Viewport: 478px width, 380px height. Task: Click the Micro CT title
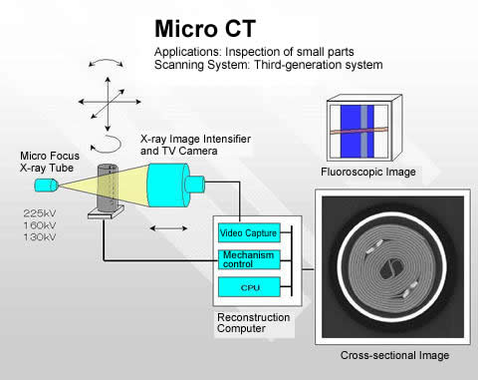pyautogui.click(x=205, y=29)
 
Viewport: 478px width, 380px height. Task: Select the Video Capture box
pyautogui.click(x=249, y=232)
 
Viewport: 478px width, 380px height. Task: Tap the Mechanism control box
pyautogui.click(x=249, y=259)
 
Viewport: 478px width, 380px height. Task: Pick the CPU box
pyautogui.click(x=249, y=287)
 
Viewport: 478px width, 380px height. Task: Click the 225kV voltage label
pyautogui.click(x=40, y=213)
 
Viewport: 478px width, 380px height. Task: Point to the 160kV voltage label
pyautogui.click(x=40, y=225)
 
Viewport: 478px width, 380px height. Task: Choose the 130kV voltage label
pyautogui.click(x=40, y=237)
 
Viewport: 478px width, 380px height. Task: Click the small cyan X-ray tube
pyautogui.click(x=47, y=186)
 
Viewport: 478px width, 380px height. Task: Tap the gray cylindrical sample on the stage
pyautogui.click(x=108, y=188)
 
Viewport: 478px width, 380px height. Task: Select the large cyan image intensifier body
pyautogui.click(x=168, y=186)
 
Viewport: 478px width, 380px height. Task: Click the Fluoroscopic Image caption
pyautogui.click(x=368, y=172)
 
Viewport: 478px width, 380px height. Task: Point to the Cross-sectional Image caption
pyautogui.click(x=394, y=355)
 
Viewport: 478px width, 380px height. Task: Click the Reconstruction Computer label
pyautogui.click(x=253, y=323)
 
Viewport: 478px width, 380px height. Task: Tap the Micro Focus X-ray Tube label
pyautogui.click(x=50, y=162)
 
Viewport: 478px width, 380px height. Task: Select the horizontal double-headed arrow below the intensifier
pyautogui.click(x=168, y=228)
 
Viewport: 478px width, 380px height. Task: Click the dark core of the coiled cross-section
pyautogui.click(x=390, y=268)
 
